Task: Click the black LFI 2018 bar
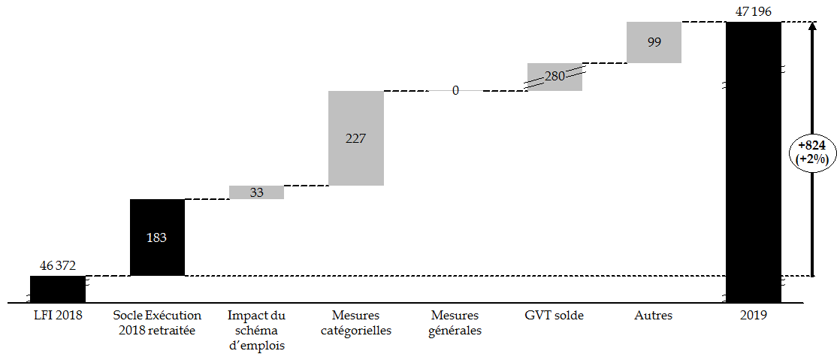(57, 289)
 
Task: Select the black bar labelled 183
(157, 237)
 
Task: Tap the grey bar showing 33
(256, 192)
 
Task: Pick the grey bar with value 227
(355, 138)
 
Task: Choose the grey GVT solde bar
(554, 77)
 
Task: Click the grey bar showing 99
(654, 42)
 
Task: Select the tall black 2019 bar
(753, 162)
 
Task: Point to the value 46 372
(57, 266)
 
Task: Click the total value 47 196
(753, 11)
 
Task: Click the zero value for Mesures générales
(455, 91)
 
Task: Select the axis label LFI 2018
(57, 316)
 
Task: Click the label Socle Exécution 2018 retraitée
(157, 323)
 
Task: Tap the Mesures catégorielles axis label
(355, 323)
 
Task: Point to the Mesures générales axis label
(455, 323)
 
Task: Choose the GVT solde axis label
(554, 316)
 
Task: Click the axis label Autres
(654, 316)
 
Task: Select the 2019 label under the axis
(753, 316)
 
